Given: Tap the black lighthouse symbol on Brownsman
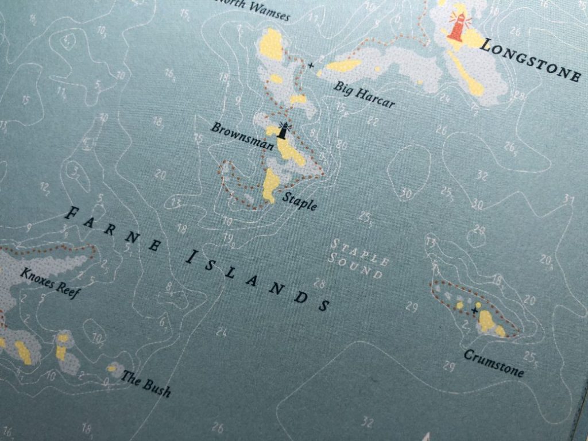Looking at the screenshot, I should coord(282,129).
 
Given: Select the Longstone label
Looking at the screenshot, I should coord(530,60).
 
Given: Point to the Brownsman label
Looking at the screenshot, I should coord(241,136).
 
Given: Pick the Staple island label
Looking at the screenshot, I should coord(299,201).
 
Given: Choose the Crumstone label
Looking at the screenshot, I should coord(493,363).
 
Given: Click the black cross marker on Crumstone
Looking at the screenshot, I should coord(474,310).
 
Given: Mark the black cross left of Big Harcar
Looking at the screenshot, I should coord(311,65).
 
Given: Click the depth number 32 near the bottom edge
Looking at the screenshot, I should coord(367,423).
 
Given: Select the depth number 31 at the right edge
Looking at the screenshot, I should coord(568,199).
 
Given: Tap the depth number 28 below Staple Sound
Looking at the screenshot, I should coord(319,283).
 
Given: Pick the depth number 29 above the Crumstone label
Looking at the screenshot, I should coord(449,366).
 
